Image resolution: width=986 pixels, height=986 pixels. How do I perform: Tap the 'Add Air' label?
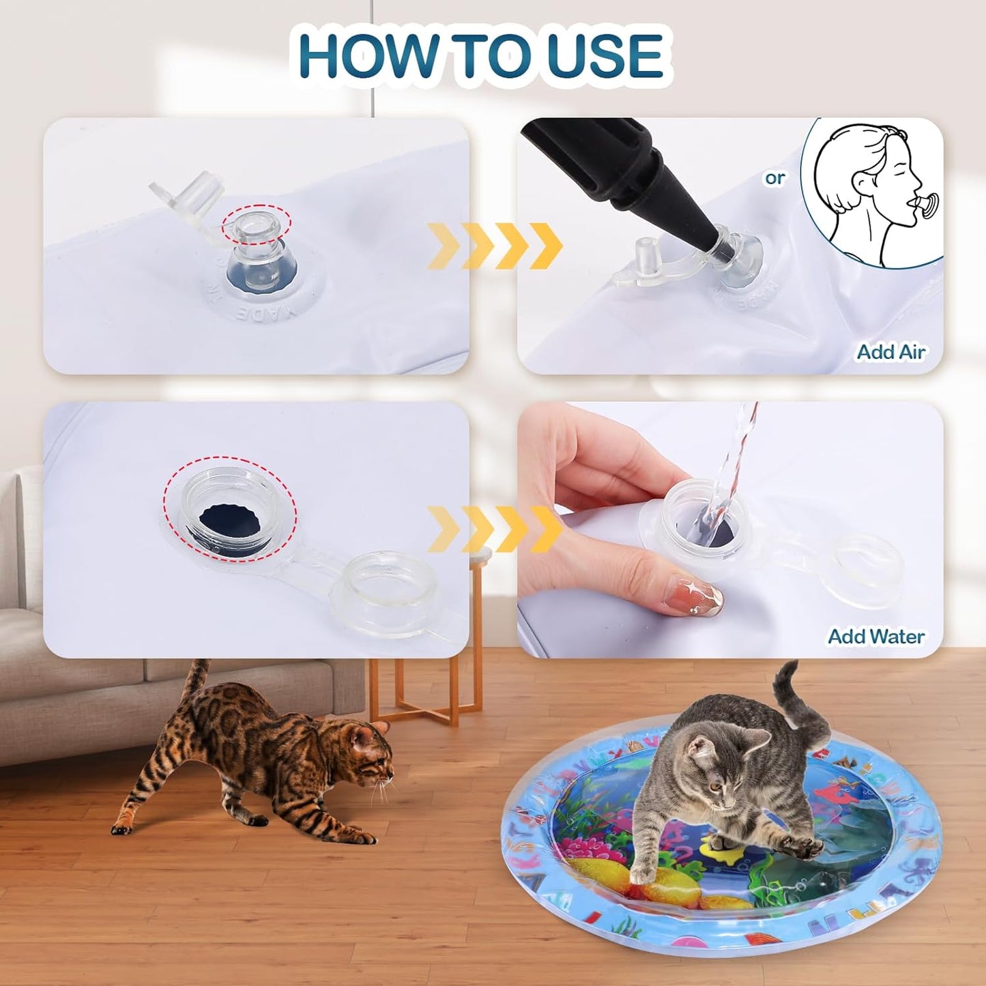(x=890, y=352)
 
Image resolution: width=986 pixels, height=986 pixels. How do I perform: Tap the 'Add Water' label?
(x=876, y=637)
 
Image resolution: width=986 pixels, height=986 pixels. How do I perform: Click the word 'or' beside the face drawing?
(x=774, y=178)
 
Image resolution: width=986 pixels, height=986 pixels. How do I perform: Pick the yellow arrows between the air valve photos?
(x=494, y=246)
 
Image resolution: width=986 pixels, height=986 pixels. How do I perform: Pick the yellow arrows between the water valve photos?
(x=494, y=530)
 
